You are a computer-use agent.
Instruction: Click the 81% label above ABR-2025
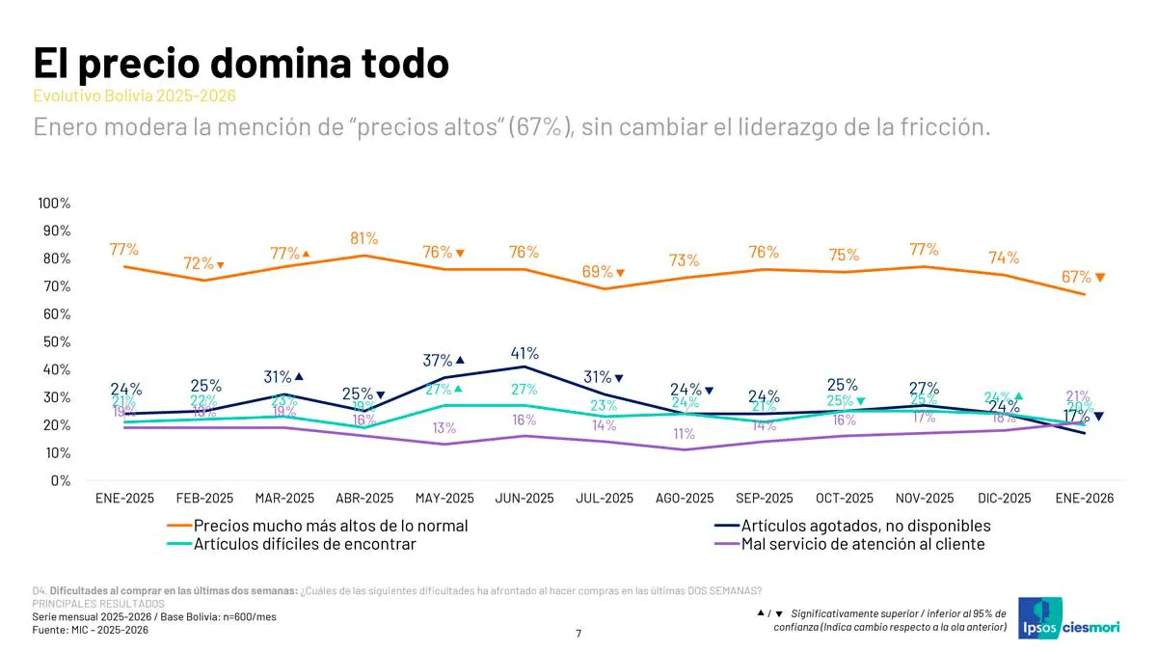[364, 238]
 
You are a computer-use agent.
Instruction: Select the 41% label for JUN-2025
[525, 353]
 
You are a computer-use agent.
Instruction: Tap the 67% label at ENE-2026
[1076, 277]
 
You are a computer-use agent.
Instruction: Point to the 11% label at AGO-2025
[685, 434]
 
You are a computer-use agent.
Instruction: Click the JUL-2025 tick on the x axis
[605, 499]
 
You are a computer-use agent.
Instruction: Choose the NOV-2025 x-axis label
[925, 499]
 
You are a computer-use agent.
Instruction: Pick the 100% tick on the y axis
[54, 203]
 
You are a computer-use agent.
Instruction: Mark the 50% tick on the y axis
[56, 342]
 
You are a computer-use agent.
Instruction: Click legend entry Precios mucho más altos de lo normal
[331, 527]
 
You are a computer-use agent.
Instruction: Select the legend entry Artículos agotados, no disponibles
[865, 527]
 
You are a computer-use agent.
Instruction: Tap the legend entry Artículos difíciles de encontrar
[305, 544]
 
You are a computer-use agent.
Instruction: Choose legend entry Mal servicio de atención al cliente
[863, 544]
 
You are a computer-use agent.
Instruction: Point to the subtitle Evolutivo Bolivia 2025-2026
[134, 96]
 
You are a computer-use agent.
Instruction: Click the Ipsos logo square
[1038, 616]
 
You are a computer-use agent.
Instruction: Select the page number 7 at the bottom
[578, 634]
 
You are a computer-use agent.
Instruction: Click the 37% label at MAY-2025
[438, 361]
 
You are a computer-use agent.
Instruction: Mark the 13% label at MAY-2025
[444, 428]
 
